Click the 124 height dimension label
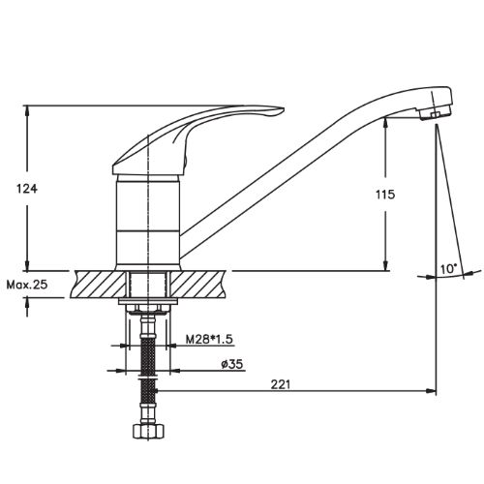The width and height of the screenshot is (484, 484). click(x=27, y=189)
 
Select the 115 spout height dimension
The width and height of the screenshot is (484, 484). click(x=385, y=195)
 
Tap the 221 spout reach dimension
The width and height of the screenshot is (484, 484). click(x=281, y=384)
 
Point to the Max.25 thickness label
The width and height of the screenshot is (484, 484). click(x=27, y=285)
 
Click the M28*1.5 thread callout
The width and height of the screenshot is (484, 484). click(x=209, y=340)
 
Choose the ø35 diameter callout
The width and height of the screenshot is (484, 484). click(x=232, y=364)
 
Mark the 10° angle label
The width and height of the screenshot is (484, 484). click(x=449, y=269)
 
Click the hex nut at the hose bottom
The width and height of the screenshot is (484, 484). click(x=148, y=431)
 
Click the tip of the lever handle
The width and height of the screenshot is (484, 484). click(x=283, y=110)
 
